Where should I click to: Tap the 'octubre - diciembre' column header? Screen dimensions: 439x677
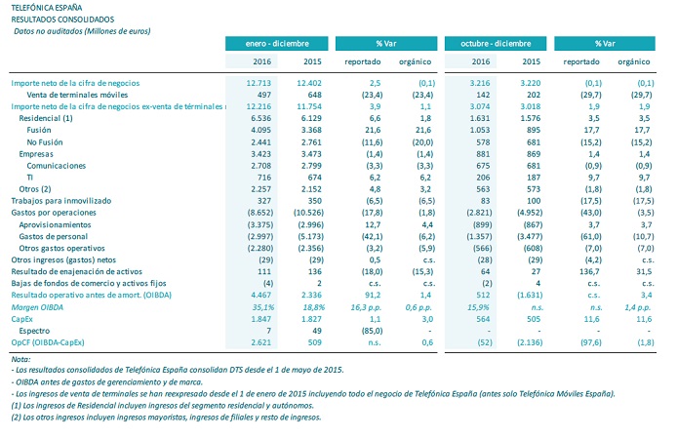493,44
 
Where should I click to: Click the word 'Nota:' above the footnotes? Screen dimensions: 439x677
20,360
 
